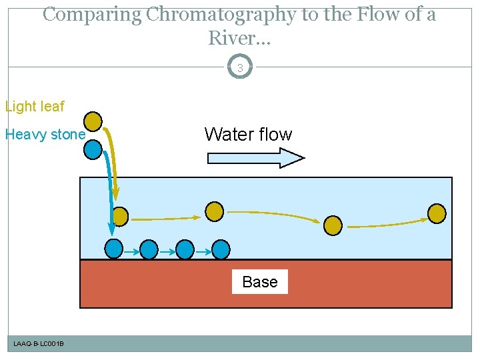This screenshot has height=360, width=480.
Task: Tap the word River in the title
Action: pyautogui.click(x=235, y=38)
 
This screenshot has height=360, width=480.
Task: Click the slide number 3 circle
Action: pyautogui.click(x=240, y=67)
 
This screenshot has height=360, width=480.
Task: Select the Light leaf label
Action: pyautogui.click(x=35, y=107)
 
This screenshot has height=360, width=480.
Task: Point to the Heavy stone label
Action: pyautogui.click(x=45, y=135)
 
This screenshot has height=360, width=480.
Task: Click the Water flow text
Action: pyautogui.click(x=248, y=135)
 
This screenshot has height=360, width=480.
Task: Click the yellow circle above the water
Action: pyautogui.click(x=93, y=121)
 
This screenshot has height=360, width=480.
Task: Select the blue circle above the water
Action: pyautogui.click(x=93, y=149)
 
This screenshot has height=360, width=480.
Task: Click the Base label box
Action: pyautogui.click(x=260, y=282)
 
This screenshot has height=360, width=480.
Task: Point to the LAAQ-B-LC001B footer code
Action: pyautogui.click(x=39, y=343)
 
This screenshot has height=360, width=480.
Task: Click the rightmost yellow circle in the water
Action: pyautogui.click(x=437, y=213)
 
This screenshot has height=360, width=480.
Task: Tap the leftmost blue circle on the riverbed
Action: pyautogui.click(x=115, y=249)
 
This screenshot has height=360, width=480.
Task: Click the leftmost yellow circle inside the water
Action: pyautogui.click(x=120, y=216)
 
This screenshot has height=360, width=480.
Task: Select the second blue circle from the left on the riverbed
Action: pyautogui.click(x=149, y=249)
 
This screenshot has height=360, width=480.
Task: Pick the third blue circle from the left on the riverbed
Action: pyautogui.click(x=185, y=249)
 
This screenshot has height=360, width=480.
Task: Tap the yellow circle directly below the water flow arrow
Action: pyautogui.click(x=214, y=211)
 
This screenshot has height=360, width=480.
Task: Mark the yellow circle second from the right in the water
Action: pyautogui.click(x=333, y=225)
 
